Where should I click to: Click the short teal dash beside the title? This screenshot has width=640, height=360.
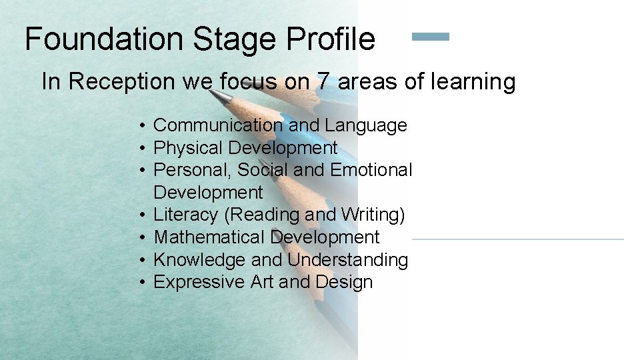pos(431,37)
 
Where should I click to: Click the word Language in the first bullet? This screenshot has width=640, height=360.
pos(366,125)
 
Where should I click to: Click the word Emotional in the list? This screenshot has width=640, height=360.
pos(371,170)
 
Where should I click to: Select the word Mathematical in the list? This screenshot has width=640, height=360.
pos(209,237)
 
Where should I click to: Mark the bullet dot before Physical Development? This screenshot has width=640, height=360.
pos(143,148)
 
